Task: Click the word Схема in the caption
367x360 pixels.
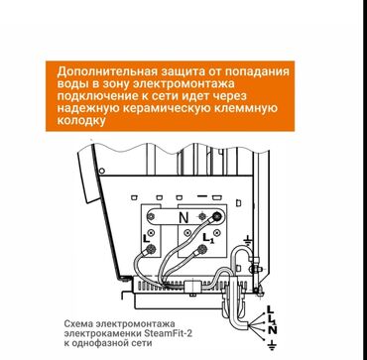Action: pos(80,324)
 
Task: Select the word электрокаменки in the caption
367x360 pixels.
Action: pos(102,334)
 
